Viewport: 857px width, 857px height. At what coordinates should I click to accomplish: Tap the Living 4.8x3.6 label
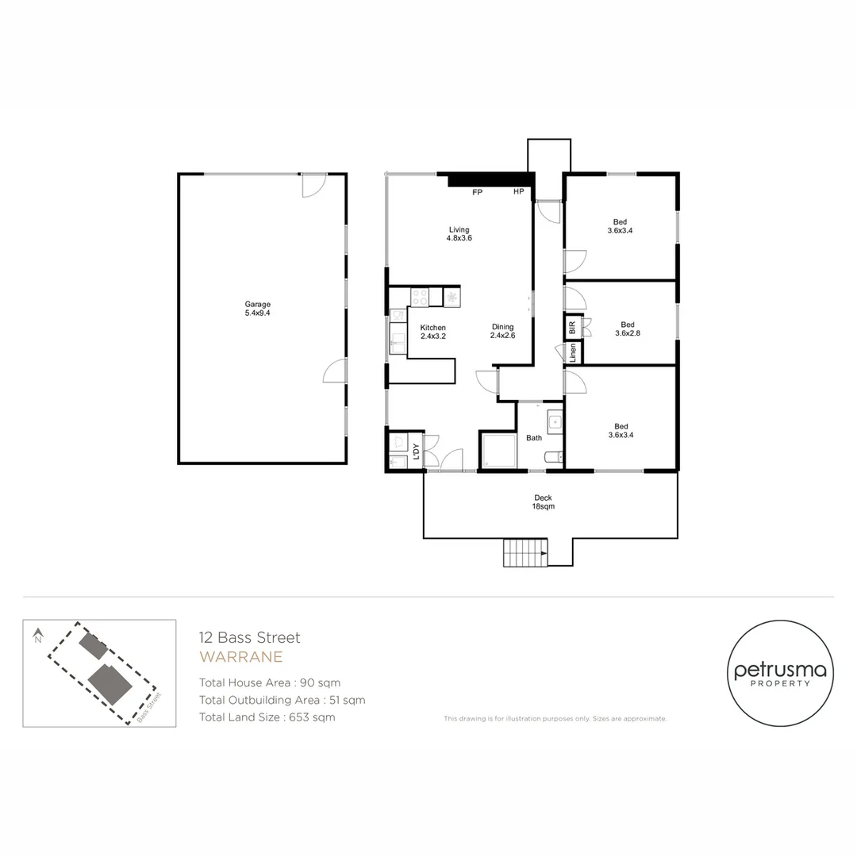pyautogui.click(x=459, y=234)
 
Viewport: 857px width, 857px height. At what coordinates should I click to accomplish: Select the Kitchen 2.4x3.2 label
pyautogui.click(x=432, y=332)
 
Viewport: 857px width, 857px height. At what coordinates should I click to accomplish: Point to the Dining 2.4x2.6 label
pyautogui.click(x=502, y=331)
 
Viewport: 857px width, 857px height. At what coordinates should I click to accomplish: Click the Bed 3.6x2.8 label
pyautogui.click(x=628, y=329)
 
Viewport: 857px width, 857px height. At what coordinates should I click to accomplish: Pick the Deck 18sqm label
pyautogui.click(x=543, y=502)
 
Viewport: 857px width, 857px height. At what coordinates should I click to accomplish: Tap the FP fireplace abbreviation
pyautogui.click(x=477, y=193)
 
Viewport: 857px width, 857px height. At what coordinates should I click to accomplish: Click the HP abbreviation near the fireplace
pyautogui.click(x=518, y=193)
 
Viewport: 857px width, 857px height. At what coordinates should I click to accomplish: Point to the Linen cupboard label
pyautogui.click(x=573, y=352)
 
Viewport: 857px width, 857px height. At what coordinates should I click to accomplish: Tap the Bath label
pyautogui.click(x=534, y=438)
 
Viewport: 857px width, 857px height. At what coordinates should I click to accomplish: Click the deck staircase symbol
pyautogui.click(x=525, y=552)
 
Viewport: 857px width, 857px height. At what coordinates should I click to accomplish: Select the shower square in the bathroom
pyautogui.click(x=498, y=451)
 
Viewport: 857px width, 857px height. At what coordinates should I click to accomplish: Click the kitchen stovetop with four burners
pyautogui.click(x=420, y=297)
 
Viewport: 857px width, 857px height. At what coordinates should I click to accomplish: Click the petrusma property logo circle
pyautogui.click(x=781, y=674)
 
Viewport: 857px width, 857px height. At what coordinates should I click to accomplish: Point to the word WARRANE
pyautogui.click(x=240, y=657)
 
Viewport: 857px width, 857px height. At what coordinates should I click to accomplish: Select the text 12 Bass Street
pyautogui.click(x=249, y=637)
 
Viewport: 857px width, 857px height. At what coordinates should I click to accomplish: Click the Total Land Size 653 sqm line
pyautogui.click(x=267, y=717)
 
